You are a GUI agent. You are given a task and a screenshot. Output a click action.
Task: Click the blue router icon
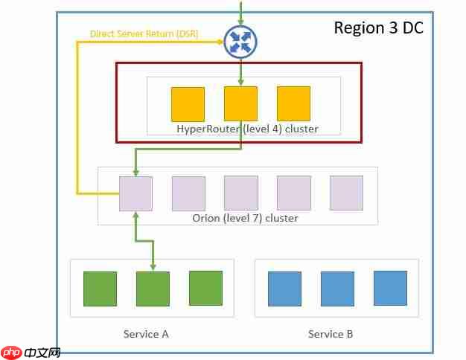pos(240,42)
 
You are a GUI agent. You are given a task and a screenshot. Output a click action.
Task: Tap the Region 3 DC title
pos(378,28)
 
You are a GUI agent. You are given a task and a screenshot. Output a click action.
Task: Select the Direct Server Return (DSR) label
pos(144,33)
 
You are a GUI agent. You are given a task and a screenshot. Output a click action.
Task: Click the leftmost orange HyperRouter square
pos(188,104)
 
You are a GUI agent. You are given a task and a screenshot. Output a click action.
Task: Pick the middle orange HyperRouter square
pos(240,104)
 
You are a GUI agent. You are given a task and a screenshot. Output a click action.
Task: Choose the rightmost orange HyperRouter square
pos(293,104)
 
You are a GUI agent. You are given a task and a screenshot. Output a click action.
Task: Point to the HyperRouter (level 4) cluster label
pos(247,129)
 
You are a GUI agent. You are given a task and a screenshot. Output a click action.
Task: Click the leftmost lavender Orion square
pos(135,193)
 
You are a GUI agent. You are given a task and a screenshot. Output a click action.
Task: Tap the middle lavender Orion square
pos(241,193)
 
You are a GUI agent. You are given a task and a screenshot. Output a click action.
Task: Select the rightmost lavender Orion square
pos(346,193)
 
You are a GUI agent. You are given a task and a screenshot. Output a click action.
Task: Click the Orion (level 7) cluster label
pos(245,218)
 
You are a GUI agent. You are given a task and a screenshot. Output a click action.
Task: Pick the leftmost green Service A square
pos(100,289)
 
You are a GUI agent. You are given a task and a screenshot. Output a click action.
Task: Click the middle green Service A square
pos(153,289)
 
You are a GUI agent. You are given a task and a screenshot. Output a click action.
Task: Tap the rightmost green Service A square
pos(205,289)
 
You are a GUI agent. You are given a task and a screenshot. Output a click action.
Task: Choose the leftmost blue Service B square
pos(284,289)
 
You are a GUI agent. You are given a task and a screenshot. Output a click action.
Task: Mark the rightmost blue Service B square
pos(390,289)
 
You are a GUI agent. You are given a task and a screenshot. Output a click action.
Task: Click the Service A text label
pos(146,334)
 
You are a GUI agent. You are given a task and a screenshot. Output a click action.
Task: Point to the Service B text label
pos(331,334)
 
